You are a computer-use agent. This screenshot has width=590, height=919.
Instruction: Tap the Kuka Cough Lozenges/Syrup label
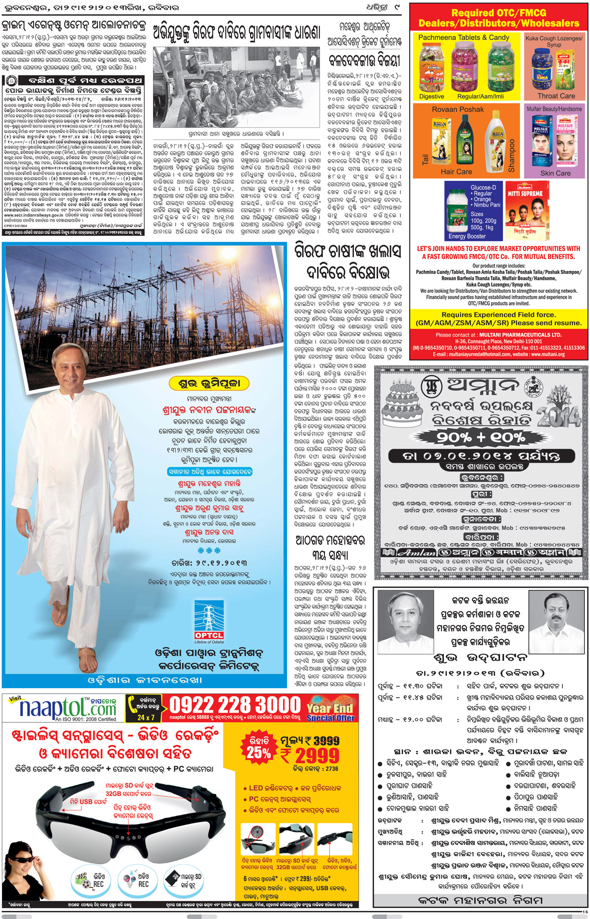point(554,41)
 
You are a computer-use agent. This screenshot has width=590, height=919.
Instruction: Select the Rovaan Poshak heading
point(458,109)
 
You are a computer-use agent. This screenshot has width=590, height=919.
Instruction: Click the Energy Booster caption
point(467,236)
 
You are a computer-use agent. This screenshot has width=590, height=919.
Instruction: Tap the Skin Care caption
point(555,173)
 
